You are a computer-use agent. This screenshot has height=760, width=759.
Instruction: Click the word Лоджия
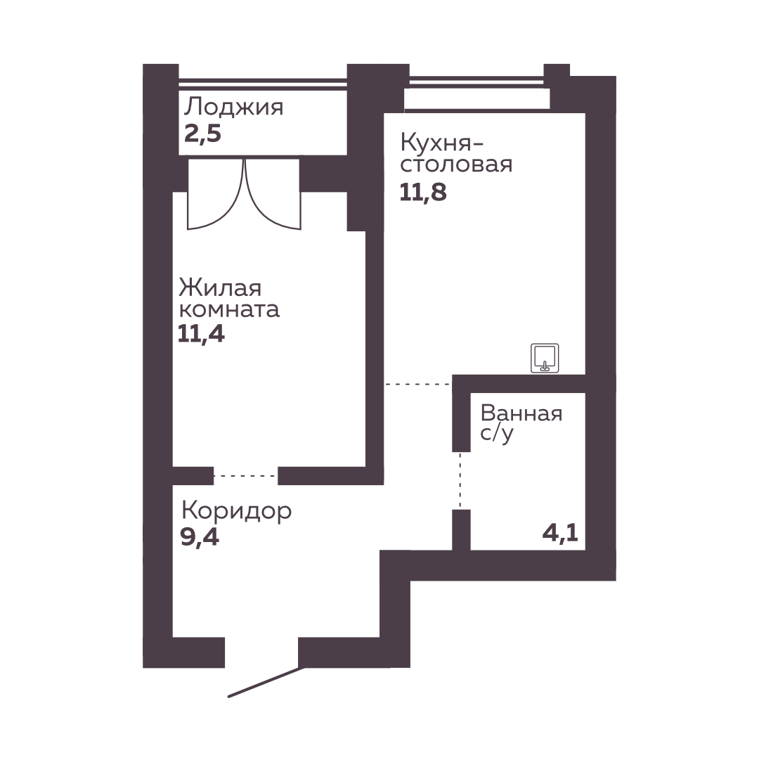point(233,107)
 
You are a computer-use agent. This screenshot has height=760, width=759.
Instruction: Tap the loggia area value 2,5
point(202,134)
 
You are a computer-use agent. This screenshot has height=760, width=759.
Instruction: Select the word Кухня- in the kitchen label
point(442,143)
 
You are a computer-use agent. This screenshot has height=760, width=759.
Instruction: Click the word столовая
point(456,165)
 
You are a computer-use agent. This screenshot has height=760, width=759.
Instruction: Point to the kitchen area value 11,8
point(423,193)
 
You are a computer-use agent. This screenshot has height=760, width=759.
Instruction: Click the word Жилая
point(220,288)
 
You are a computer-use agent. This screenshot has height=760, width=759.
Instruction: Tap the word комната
point(229,310)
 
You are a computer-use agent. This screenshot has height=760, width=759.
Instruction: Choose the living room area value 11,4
point(201,334)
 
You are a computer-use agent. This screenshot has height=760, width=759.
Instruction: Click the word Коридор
point(236,511)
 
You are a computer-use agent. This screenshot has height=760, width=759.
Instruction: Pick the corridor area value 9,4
point(200,536)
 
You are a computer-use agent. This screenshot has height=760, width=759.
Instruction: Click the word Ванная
point(521,413)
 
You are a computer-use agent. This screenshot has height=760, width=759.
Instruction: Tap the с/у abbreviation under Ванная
point(496,433)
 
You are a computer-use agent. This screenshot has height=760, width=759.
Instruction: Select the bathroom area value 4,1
point(560,534)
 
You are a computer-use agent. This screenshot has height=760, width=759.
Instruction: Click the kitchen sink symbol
point(545,358)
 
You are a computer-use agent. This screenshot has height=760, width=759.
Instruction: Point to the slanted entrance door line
point(266,683)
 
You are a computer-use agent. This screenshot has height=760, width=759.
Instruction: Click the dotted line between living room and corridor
point(245,476)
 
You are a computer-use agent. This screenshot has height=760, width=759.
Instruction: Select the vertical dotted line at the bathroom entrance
point(460,481)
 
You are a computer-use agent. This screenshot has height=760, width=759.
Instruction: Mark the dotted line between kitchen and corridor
point(418,385)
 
